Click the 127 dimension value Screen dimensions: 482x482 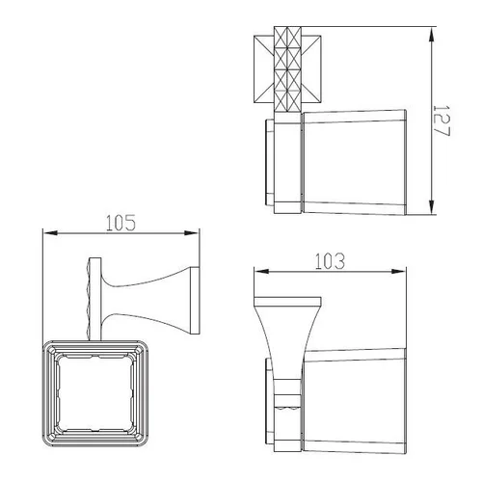point(442,120)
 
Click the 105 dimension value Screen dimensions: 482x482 point(120,223)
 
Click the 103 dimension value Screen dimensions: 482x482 point(330,261)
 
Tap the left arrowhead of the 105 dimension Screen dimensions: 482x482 point(50,232)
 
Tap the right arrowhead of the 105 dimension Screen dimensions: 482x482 point(192,233)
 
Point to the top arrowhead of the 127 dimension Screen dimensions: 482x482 point(433,34)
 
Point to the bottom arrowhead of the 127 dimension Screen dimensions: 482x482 point(433,206)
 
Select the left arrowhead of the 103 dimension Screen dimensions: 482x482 point(261,272)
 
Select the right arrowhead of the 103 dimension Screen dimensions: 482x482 point(398,272)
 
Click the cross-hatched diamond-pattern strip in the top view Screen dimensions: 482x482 point(287,69)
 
